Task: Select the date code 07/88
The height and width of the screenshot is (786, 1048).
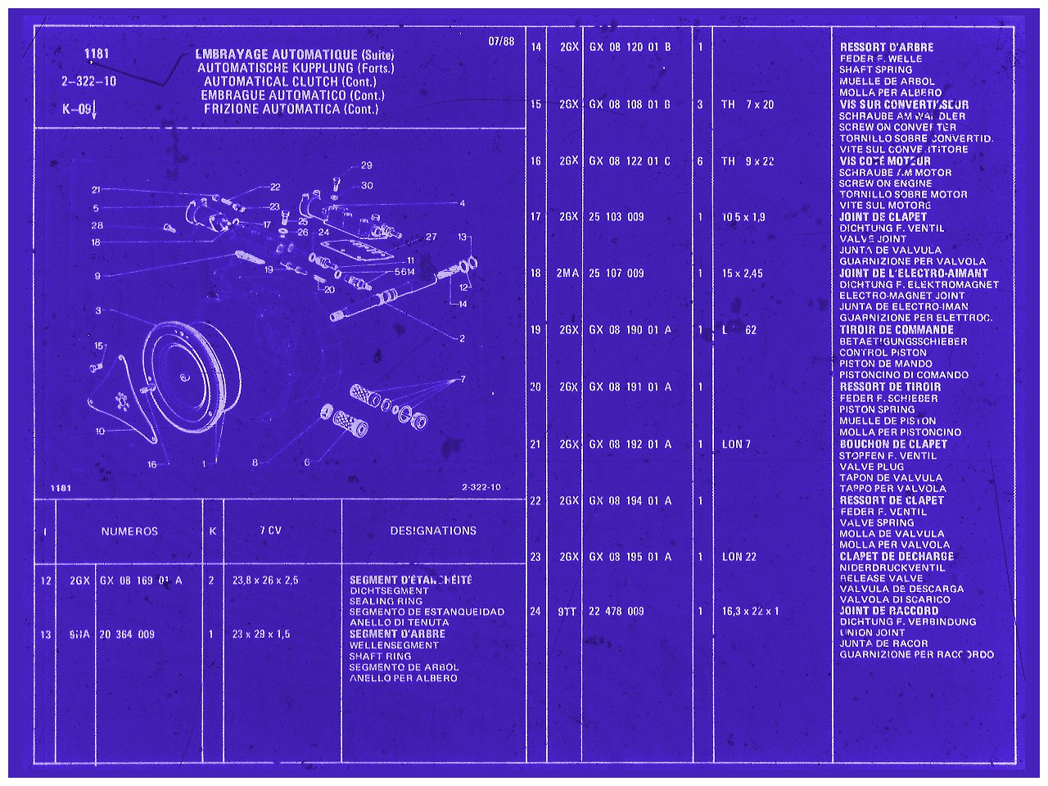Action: [501, 42]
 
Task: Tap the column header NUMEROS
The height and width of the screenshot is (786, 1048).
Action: [129, 531]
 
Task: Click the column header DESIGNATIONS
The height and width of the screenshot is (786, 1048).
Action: [433, 531]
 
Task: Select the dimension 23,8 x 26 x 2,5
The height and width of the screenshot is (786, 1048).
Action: [265, 580]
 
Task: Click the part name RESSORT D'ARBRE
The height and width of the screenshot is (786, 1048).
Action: [887, 47]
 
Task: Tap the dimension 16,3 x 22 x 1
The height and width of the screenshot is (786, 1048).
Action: [751, 612]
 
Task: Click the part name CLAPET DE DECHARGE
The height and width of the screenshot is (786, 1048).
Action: [897, 556]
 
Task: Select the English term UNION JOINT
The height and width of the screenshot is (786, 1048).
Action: [873, 633]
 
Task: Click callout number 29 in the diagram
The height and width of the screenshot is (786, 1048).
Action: [366, 165]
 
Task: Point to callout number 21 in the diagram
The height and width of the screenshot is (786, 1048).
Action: [96, 190]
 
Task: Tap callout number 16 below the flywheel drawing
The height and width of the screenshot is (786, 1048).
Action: [151, 464]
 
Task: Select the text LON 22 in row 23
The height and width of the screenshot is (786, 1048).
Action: [739, 557]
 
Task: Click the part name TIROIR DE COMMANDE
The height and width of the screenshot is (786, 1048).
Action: [897, 330]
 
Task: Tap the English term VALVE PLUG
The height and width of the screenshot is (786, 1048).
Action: [872, 467]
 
